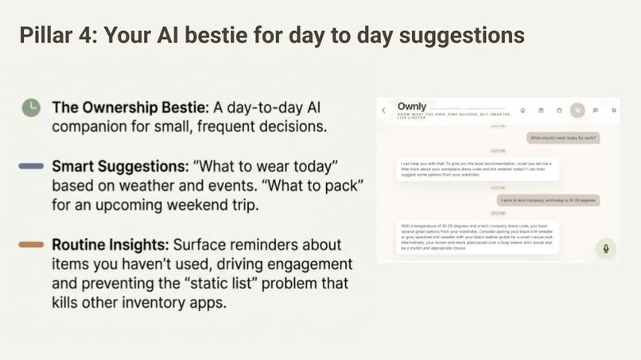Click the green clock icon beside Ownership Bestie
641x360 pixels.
(31, 108)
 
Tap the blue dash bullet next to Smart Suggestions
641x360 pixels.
(31, 166)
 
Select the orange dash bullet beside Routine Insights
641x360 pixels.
(31, 245)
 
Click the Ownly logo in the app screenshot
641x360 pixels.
(412, 106)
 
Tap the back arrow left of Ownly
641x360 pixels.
(384, 110)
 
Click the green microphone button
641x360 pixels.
(605, 249)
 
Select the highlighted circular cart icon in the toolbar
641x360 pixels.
(577, 110)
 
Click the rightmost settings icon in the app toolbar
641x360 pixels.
(614, 110)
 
